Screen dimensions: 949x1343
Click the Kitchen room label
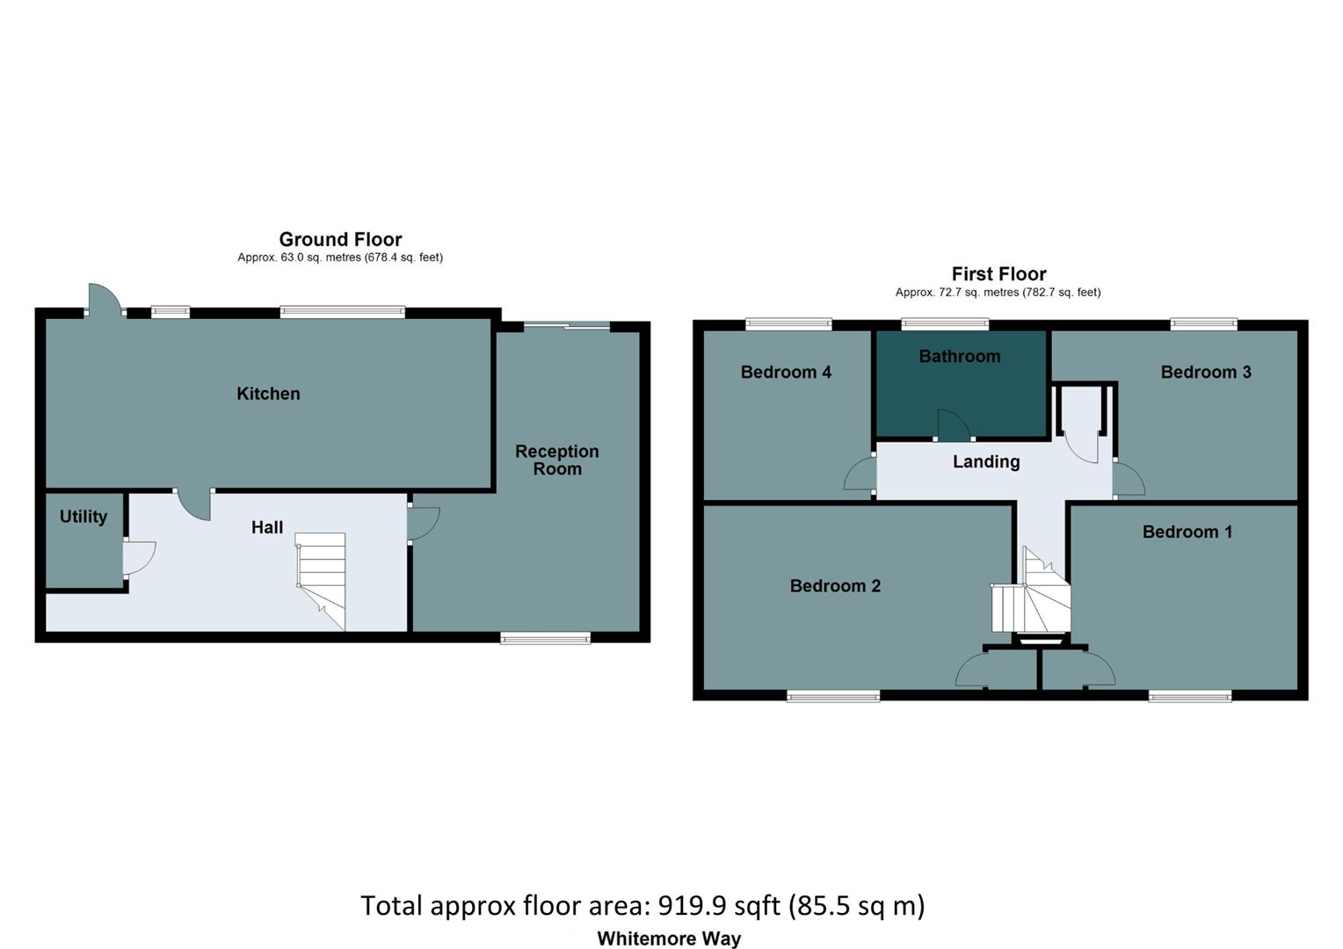(x=268, y=394)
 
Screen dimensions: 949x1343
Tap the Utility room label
(x=83, y=517)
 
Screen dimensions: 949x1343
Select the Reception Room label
(x=556, y=460)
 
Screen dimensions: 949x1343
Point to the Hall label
(x=267, y=527)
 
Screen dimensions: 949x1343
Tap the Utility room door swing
(x=139, y=557)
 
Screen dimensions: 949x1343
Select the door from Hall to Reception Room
(x=422, y=524)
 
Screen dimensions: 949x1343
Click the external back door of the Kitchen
(x=104, y=300)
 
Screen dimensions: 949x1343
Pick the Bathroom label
(x=959, y=356)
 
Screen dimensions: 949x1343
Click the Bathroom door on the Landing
(x=954, y=425)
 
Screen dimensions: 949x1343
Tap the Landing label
(x=986, y=461)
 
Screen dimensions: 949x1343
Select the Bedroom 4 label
(x=786, y=372)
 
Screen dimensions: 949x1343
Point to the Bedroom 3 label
(x=1205, y=372)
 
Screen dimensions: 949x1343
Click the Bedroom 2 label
(x=835, y=586)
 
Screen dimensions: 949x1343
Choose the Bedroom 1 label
(x=1187, y=532)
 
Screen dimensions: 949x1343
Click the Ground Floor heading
(x=340, y=239)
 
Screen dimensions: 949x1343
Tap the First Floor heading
(x=998, y=274)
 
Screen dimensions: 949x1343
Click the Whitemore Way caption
(x=669, y=938)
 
